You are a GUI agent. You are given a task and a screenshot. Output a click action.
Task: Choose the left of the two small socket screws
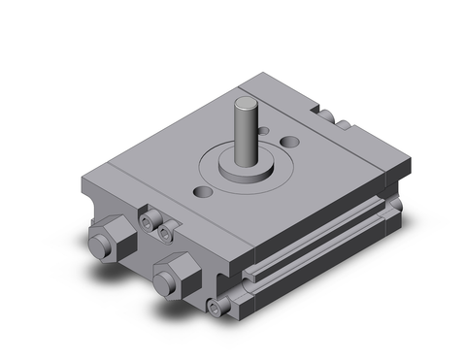(x=149, y=223)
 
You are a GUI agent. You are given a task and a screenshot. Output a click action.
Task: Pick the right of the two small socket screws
(x=167, y=233)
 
